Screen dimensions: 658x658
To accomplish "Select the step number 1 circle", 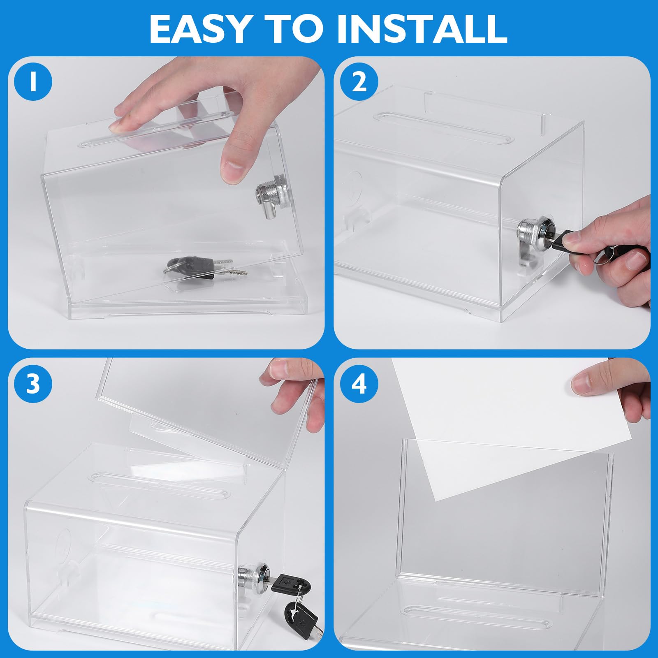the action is (x=33, y=83).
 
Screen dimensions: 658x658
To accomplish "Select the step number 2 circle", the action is (x=359, y=83).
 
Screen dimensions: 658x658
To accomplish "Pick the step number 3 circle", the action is (x=33, y=384).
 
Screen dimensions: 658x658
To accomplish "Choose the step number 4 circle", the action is (x=359, y=384).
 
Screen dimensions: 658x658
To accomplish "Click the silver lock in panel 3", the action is (x=251, y=574).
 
